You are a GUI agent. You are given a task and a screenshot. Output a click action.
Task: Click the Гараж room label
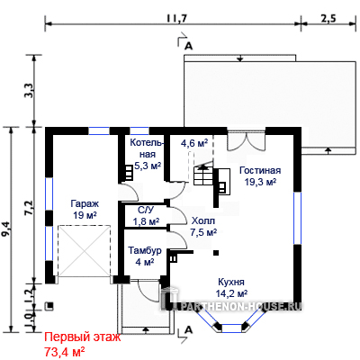pyautogui.click(x=85, y=204)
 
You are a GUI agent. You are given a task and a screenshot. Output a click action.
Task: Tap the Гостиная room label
pyautogui.click(x=260, y=170)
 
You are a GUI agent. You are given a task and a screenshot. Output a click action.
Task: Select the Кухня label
pyautogui.click(x=231, y=282)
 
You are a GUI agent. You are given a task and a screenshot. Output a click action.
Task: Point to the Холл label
pyautogui.click(x=203, y=221)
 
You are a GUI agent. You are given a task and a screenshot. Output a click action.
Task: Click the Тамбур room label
pyautogui.click(x=145, y=250)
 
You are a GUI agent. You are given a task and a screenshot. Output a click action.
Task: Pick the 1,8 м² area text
pyautogui.click(x=146, y=221)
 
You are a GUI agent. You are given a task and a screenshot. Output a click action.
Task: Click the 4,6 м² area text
pyautogui.click(x=194, y=143)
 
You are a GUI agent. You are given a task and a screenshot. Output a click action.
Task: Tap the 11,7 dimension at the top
pyautogui.click(x=177, y=19)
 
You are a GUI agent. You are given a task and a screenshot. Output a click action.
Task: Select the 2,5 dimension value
pyautogui.click(x=328, y=19)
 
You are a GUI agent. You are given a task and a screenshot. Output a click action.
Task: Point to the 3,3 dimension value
pyautogui.click(x=30, y=91)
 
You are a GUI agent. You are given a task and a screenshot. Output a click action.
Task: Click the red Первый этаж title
pyautogui.click(x=83, y=337)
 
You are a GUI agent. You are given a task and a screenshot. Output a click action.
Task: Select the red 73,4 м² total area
pyautogui.click(x=64, y=351)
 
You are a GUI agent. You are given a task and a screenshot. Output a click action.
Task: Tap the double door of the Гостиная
pyautogui.click(x=246, y=141)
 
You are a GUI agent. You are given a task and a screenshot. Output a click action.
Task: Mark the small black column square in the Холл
pyautogui.click(x=216, y=253)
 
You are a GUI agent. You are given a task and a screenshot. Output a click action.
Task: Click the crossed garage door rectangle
pyautogui.click(x=85, y=251)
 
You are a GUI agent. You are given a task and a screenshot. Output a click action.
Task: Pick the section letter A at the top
pyautogui.click(x=188, y=46)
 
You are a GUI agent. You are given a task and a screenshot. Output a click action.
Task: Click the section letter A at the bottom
pyautogui.click(x=188, y=330)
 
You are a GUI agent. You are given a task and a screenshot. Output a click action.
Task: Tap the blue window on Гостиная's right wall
pyautogui.click(x=297, y=218)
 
